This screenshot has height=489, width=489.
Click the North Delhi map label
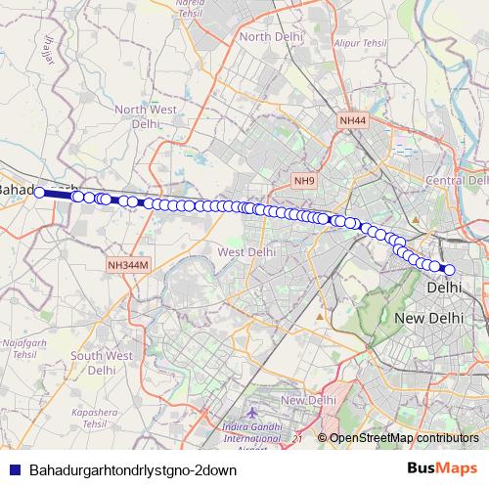pyautogui.click(x=268, y=37)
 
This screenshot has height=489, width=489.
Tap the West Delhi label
pyautogui.click(x=244, y=252)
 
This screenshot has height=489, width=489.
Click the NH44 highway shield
pyautogui.click(x=352, y=119)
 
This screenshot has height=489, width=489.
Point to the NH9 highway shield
pyautogui.click(x=305, y=181)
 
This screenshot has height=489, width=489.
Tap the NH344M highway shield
pyautogui.click(x=128, y=265)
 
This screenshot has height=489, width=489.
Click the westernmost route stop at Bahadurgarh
pyautogui.click(x=40, y=193)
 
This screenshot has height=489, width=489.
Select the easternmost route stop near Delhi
pyautogui.click(x=450, y=270)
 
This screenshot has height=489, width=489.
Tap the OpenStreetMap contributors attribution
pyautogui.click(x=403, y=438)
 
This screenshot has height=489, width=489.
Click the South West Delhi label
pyautogui.click(x=101, y=363)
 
